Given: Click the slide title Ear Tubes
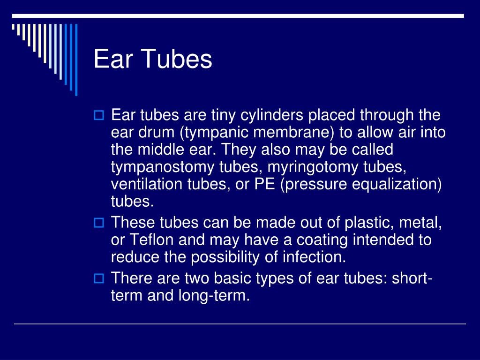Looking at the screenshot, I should [x=153, y=60].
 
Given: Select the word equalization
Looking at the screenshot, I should [x=397, y=184].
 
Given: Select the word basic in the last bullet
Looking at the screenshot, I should [x=234, y=278].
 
